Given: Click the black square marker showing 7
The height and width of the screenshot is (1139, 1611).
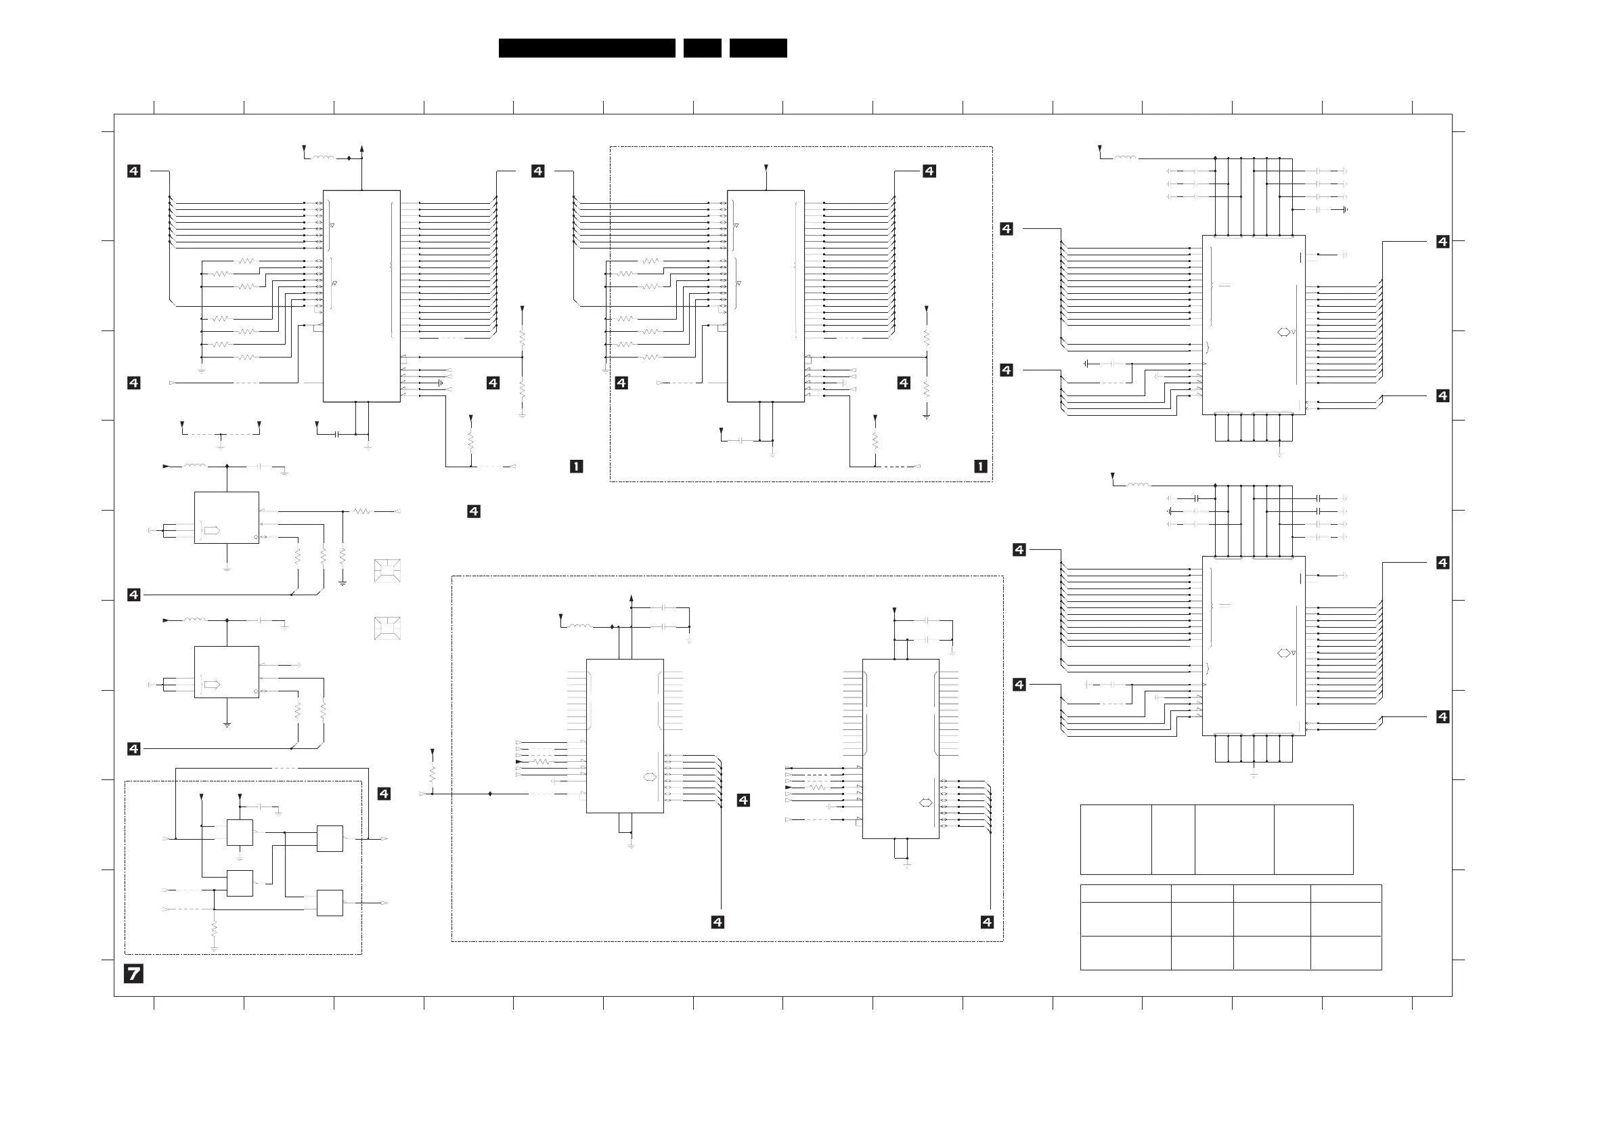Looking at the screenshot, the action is (x=133, y=973).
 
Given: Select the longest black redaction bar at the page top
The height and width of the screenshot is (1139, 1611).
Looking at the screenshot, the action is (x=587, y=47).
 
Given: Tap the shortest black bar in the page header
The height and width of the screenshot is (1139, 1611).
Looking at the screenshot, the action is (x=702, y=47).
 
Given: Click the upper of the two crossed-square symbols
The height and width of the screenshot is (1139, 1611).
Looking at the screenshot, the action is (x=387, y=572).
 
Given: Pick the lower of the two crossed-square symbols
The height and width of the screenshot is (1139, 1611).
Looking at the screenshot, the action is (x=387, y=628).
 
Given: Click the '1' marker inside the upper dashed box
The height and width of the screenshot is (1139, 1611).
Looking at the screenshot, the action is (x=980, y=466).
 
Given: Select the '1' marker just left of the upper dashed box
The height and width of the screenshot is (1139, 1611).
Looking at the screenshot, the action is (x=576, y=466).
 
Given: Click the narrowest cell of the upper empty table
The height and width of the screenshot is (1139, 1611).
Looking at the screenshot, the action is (x=1172, y=839).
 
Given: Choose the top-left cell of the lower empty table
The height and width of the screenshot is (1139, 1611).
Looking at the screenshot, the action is (x=1126, y=893).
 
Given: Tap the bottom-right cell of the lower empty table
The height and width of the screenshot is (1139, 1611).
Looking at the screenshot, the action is (x=1346, y=953).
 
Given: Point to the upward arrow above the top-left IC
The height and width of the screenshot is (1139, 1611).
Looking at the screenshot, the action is (x=361, y=149).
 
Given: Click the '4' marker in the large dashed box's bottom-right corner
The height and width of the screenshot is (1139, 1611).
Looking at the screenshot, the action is (x=986, y=922).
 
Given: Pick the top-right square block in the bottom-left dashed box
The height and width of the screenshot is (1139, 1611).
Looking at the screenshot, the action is (x=330, y=838).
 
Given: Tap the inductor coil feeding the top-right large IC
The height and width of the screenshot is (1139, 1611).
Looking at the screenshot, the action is (x=1125, y=158).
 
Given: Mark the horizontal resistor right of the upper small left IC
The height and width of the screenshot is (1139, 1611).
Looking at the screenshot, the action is (x=361, y=512).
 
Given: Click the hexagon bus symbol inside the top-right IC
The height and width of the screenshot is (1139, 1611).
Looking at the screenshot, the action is (x=1283, y=332).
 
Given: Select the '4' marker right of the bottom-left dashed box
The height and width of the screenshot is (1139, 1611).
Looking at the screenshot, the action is (x=384, y=794).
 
